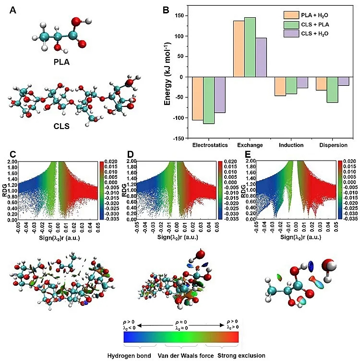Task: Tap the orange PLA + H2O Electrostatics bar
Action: pyautogui.click(x=197, y=98)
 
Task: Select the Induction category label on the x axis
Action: pyautogui.click(x=290, y=144)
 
